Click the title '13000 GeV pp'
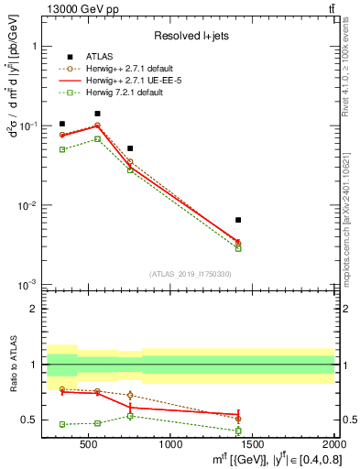[x=77, y=9]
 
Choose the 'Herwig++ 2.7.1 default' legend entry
[x=149, y=69]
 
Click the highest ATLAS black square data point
[x=97, y=114]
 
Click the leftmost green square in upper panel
[x=62, y=149]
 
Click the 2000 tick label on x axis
[x=334, y=445]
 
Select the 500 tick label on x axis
[x=89, y=445]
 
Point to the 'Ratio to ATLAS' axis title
[x=12, y=364]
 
